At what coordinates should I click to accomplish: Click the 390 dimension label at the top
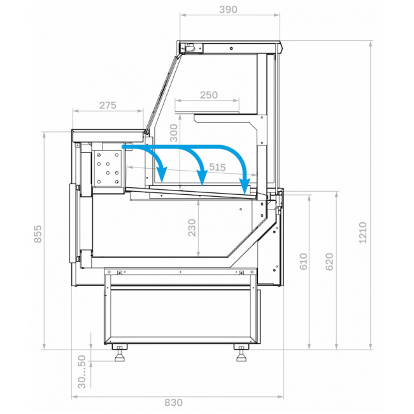click(x=229, y=10)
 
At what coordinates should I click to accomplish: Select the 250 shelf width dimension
click(x=208, y=95)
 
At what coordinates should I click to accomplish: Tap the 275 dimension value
click(x=108, y=105)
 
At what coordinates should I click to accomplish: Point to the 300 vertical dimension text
click(x=173, y=133)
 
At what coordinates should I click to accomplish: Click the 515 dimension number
click(x=217, y=167)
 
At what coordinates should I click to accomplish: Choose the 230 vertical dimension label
click(x=192, y=228)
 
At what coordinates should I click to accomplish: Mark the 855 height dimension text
click(x=38, y=234)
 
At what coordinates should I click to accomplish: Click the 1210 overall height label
click(x=363, y=233)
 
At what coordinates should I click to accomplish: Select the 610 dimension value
click(x=304, y=262)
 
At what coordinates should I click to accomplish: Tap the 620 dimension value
click(x=329, y=262)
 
